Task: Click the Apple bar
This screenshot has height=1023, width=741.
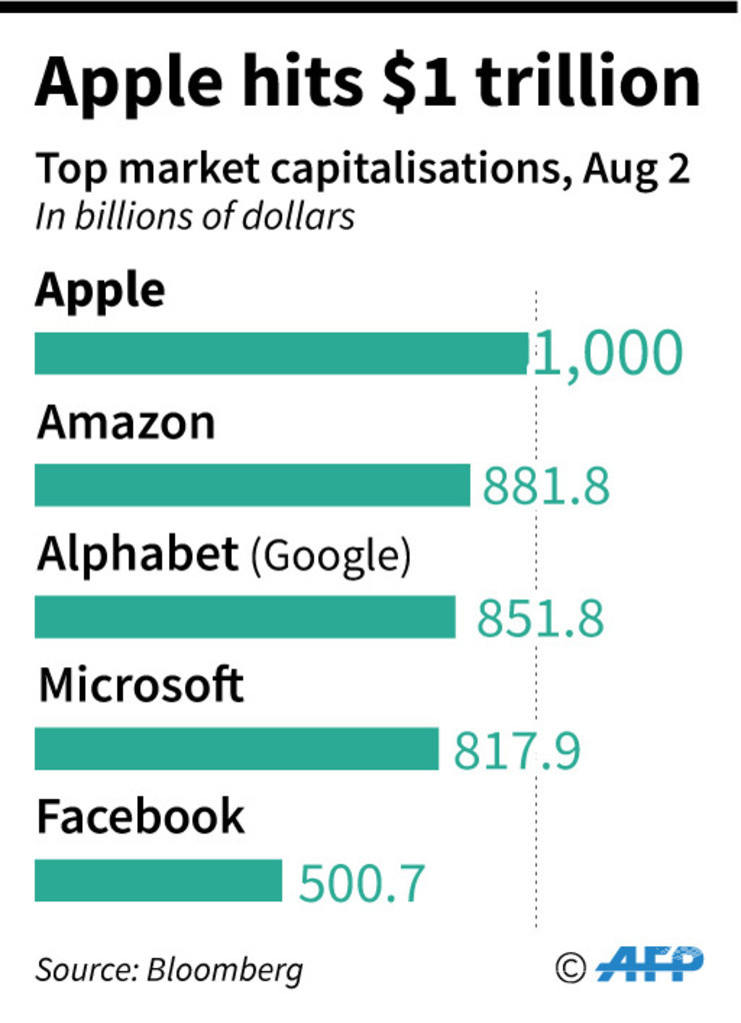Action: click(281, 354)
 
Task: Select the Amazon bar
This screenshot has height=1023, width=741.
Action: click(252, 486)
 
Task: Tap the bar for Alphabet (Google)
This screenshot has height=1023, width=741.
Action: click(245, 617)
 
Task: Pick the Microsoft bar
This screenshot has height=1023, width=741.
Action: click(236, 749)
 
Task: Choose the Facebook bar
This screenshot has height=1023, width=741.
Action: click(158, 881)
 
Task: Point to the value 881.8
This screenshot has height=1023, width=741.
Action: click(546, 487)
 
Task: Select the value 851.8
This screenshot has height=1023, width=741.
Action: click(540, 618)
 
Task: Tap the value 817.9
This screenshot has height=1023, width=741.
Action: click(517, 751)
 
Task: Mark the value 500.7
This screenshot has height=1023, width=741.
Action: click(363, 883)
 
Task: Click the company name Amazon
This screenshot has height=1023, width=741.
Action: click(126, 424)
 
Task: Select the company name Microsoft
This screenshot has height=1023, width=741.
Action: click(141, 686)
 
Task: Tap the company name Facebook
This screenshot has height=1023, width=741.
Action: click(140, 817)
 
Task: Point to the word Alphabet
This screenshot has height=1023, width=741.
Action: click(138, 555)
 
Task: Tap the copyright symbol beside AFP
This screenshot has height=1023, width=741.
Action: click(570, 966)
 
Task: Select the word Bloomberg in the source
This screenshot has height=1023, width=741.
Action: click(224, 969)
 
